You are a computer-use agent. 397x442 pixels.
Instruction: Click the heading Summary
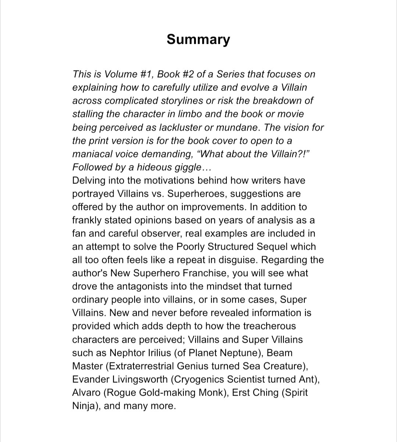(x=198, y=39)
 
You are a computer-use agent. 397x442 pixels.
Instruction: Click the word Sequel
(x=298, y=247)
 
